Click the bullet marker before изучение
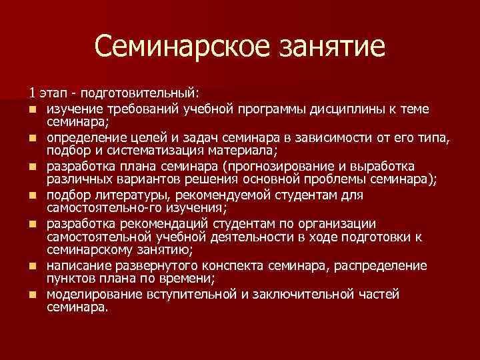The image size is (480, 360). click(31, 109)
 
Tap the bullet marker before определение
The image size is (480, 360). click(31, 138)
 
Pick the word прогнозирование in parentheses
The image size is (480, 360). click(291, 166)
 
